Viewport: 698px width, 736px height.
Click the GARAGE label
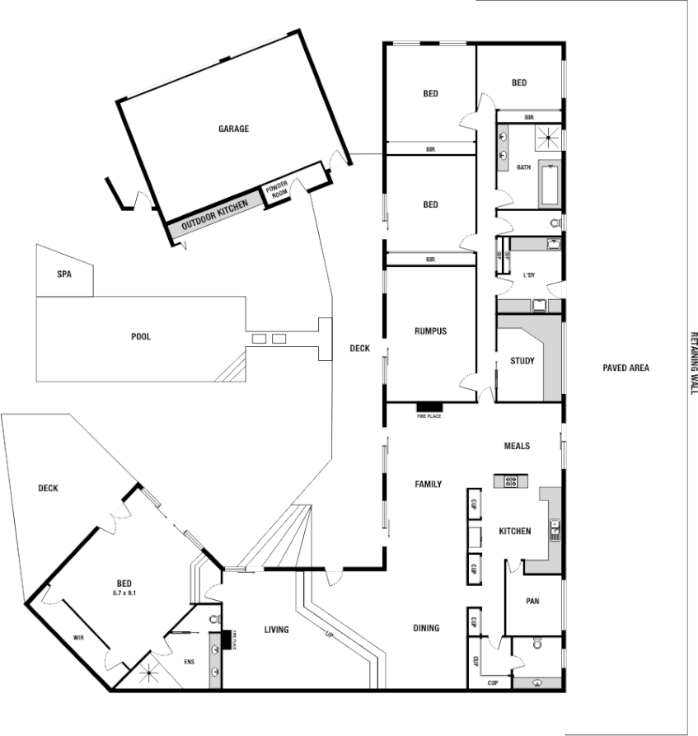[x=233, y=129]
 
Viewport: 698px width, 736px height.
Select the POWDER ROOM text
[x=276, y=190]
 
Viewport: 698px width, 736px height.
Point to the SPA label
[x=63, y=274]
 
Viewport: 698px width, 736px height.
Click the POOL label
[x=141, y=336]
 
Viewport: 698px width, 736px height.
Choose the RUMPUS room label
[x=430, y=331]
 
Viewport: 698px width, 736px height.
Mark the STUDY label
[x=522, y=361]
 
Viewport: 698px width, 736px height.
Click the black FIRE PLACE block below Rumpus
[x=429, y=406]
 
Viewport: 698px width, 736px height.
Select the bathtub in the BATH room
[x=550, y=184]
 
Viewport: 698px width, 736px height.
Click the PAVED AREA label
[x=625, y=368]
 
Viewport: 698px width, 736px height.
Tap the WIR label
[x=78, y=638]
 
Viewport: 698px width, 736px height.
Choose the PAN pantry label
[x=532, y=602]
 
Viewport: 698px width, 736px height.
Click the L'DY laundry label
[x=529, y=275]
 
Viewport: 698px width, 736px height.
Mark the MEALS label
[x=517, y=446]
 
